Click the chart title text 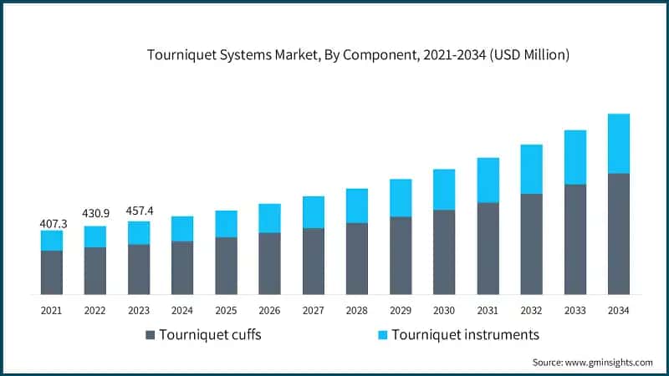[358, 55]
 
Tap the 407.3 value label [52, 224]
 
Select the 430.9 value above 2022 [95, 214]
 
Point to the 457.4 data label [139, 209]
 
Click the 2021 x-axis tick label [52, 309]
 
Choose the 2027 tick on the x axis [313, 309]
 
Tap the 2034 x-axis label [618, 309]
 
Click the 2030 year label [443, 309]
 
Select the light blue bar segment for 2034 [618, 144]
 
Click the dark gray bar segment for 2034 [618, 234]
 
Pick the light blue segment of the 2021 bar [52, 241]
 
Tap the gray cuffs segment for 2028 [357, 259]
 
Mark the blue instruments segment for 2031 [488, 180]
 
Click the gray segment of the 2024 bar [182, 268]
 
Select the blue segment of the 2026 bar [269, 218]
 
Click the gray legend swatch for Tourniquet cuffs [151, 335]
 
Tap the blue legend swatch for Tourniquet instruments [383, 335]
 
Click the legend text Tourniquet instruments [467, 335]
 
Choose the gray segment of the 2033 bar [575, 240]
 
